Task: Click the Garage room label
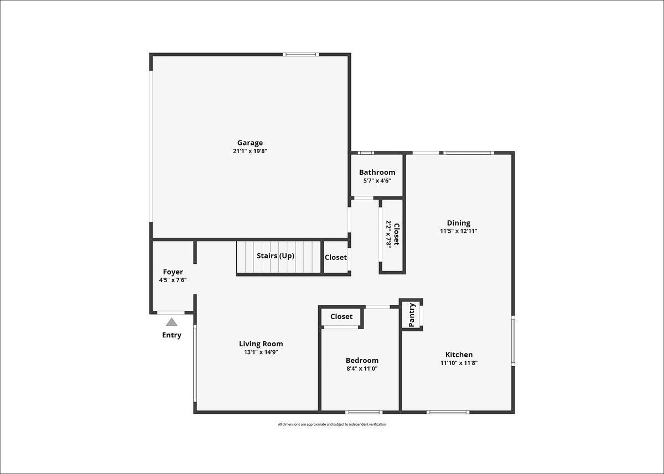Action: [x=250, y=143]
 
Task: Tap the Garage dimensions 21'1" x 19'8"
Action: [x=250, y=151]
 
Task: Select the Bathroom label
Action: [x=377, y=172]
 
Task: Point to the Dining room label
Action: [x=459, y=223]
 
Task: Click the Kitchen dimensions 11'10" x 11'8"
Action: [x=459, y=363]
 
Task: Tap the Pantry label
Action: [x=412, y=315]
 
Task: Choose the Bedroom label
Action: [x=362, y=360]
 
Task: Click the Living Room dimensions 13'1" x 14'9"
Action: [x=261, y=352]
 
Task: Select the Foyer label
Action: [x=173, y=272]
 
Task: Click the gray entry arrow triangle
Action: [x=172, y=322]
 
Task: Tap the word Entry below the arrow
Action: [x=172, y=335]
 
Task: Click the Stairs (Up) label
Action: [x=276, y=256]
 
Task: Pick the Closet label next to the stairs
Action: [x=335, y=257]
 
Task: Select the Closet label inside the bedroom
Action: [x=341, y=316]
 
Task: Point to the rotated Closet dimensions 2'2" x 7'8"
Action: [x=388, y=233]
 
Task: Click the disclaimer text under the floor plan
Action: [x=331, y=424]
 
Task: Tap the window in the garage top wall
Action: [x=300, y=55]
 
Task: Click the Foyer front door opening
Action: [x=171, y=312]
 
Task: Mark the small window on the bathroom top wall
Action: [x=366, y=153]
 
